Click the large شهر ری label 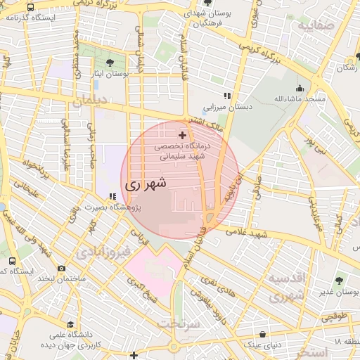[146, 184]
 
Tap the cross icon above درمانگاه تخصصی [183, 134]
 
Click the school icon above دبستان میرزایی [226, 96]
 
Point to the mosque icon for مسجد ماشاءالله [300, 89]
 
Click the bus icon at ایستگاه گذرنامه [30, 7]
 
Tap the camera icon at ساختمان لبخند [61, 268]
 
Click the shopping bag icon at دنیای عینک [262, 334]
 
